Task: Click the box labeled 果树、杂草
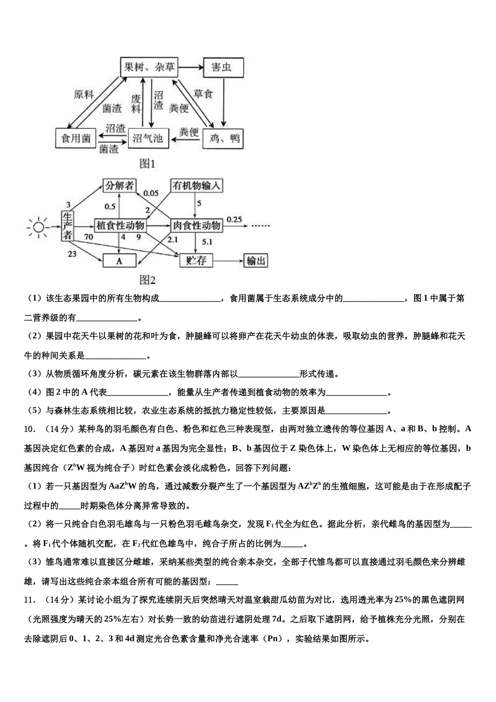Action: point(149,67)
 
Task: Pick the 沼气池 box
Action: point(148,138)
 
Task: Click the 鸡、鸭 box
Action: point(225,138)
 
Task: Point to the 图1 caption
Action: point(148,163)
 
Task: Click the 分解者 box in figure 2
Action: point(120,185)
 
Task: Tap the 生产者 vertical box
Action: point(67,226)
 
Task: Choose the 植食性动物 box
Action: point(121,226)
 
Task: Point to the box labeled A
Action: point(119,261)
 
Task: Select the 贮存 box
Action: point(196,260)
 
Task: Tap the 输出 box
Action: point(255,261)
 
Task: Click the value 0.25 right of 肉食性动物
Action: point(234,219)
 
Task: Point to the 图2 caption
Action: point(148,280)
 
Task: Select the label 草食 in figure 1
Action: point(203,94)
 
